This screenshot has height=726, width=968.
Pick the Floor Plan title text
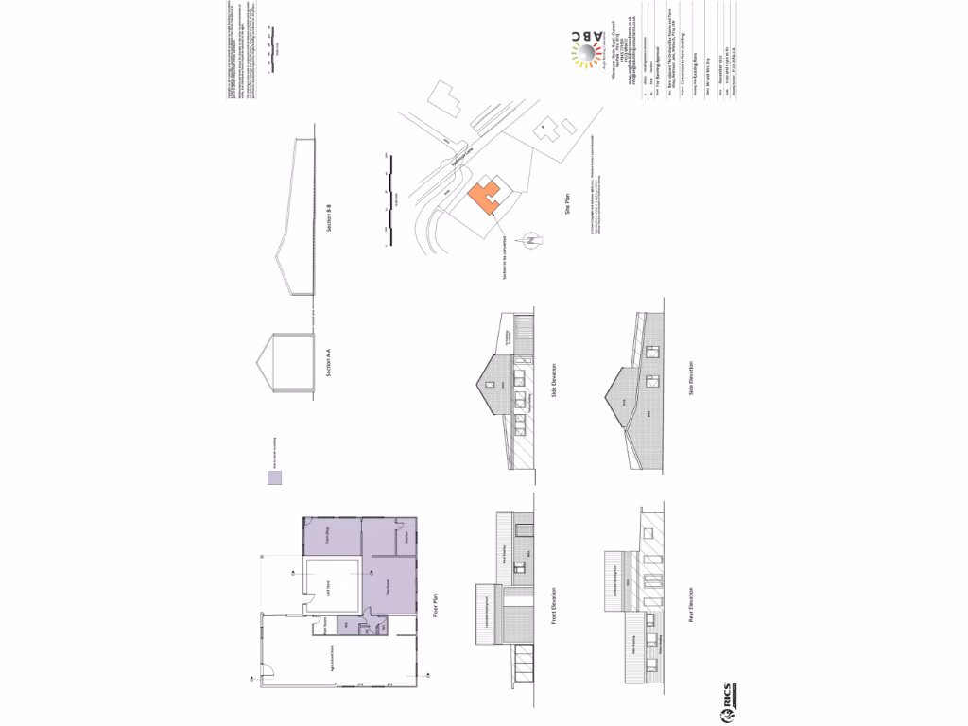[x=437, y=603]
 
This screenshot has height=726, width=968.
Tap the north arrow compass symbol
[x=531, y=241]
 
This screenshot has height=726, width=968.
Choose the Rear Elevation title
[x=691, y=606]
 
